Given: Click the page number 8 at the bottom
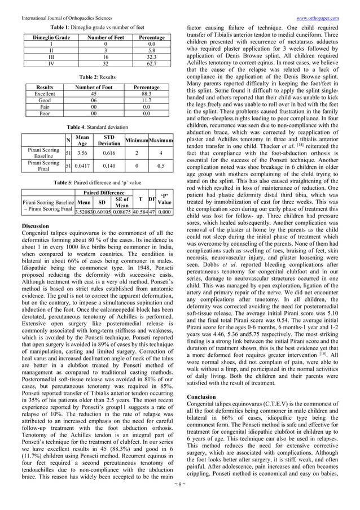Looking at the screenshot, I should [180, 499].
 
